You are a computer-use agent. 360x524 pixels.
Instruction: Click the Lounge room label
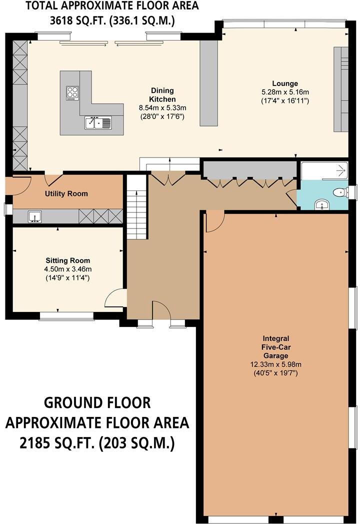[285, 83]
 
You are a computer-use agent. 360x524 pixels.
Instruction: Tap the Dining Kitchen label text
[162, 95]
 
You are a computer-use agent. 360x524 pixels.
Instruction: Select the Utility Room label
[66, 193]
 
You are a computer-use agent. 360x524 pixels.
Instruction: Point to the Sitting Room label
[68, 260]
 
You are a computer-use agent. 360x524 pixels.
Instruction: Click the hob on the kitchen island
[72, 93]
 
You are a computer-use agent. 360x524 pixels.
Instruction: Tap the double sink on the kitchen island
[98, 122]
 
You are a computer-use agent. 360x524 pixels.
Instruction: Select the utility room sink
[35, 216]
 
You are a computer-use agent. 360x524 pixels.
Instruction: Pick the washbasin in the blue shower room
[322, 204]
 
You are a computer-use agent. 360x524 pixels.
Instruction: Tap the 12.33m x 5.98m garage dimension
[276, 364]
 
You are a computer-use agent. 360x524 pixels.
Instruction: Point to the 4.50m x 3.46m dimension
[68, 269]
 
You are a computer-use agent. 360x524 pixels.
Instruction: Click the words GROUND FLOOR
[97, 402]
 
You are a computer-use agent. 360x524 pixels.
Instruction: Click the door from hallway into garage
[214, 220]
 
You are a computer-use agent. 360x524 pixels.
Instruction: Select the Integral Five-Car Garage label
[276, 347]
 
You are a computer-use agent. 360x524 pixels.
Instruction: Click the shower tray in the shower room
[324, 171]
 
